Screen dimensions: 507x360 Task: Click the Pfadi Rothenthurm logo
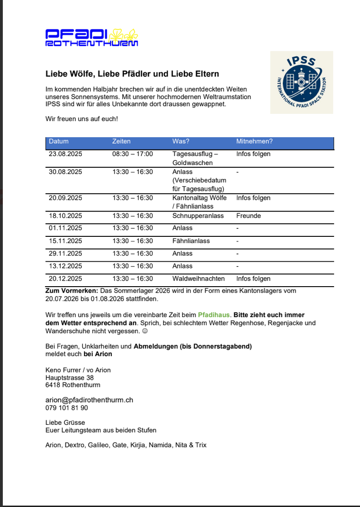coord(92,38)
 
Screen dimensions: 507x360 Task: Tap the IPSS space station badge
coord(301,82)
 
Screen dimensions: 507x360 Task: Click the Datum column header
coord(59,141)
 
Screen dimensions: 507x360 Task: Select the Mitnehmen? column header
coord(254,141)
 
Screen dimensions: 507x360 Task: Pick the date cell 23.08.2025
coord(65,154)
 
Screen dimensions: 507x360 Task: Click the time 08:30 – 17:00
coord(133,154)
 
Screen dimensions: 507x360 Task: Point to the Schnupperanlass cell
coord(198,216)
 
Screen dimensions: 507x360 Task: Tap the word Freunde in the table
coord(249,216)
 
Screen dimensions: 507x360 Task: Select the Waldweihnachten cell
coord(198,279)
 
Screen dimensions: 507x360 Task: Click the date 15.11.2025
coord(65,241)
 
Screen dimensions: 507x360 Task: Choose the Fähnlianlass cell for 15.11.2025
coord(191,241)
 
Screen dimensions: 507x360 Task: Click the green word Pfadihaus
coord(214,315)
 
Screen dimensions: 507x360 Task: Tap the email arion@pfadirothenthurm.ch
coord(89,400)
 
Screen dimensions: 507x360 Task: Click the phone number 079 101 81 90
coord(67,408)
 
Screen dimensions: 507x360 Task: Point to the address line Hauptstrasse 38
coord(70,378)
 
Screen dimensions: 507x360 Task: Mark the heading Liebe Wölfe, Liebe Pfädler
coord(132,74)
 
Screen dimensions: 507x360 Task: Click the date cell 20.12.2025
coord(65,279)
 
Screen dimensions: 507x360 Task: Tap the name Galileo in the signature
coord(98,445)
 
